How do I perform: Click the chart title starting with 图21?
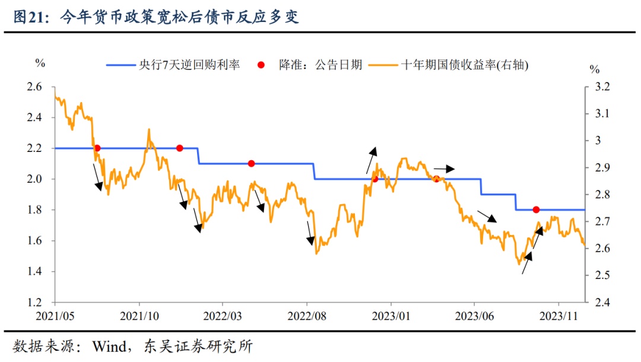(156, 17)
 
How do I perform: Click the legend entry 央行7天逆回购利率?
(173, 65)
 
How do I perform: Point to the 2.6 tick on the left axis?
(35, 87)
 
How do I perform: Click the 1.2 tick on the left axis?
(35, 303)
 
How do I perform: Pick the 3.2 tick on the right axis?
(602, 87)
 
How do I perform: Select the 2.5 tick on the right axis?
(602, 275)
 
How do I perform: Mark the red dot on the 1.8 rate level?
(536, 209)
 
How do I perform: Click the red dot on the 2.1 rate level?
(251, 163)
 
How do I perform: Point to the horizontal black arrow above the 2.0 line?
(444, 169)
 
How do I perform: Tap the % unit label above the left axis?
(40, 62)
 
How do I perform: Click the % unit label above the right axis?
(594, 69)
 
